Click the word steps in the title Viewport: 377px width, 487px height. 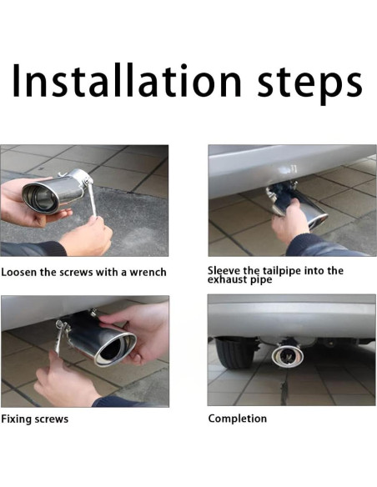(309, 84)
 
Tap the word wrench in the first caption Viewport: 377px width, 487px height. (148, 273)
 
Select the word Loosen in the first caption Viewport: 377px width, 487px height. (19, 272)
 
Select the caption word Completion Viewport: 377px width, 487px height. (238, 419)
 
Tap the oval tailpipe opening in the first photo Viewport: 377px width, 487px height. (41, 198)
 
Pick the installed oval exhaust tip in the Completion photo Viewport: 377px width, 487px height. (288, 355)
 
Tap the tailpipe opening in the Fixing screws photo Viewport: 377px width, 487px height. (116, 349)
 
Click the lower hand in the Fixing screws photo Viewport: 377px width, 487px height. (65, 382)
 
